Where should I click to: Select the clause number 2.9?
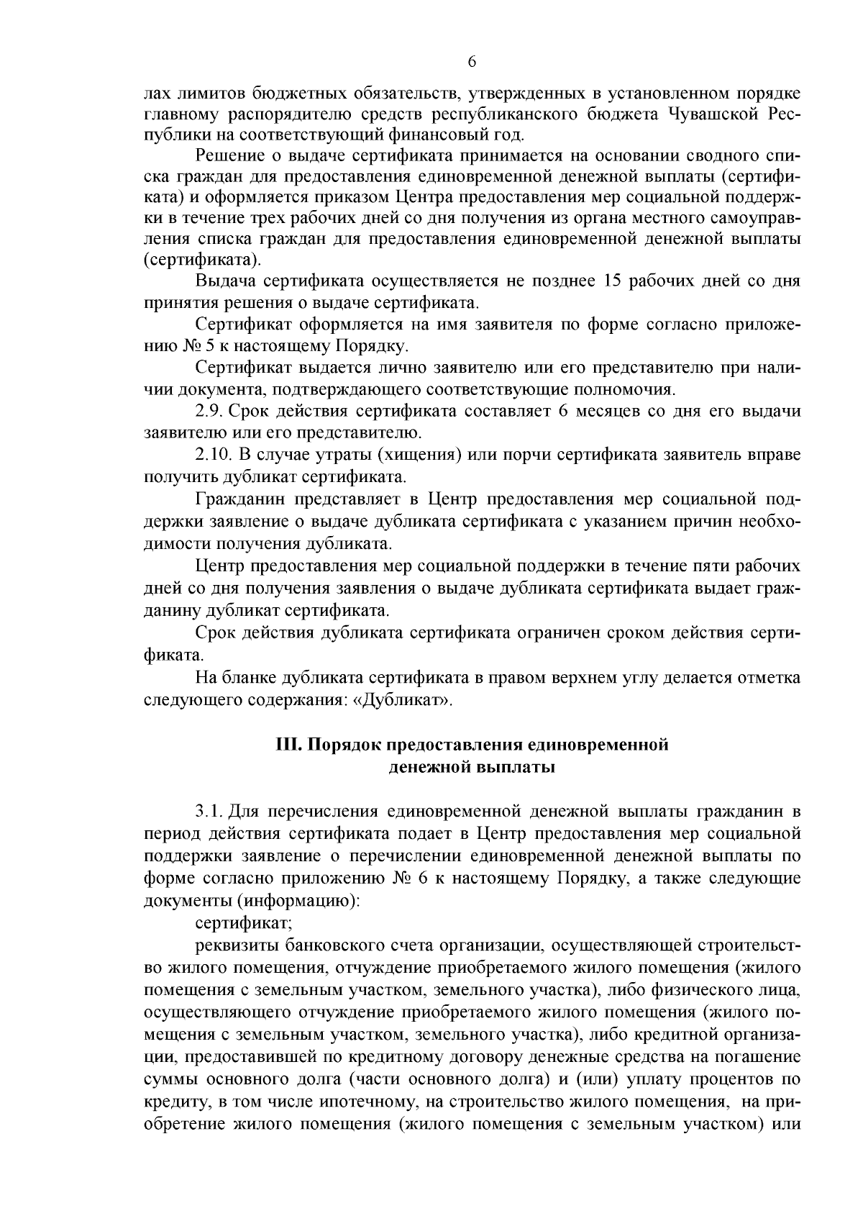211,412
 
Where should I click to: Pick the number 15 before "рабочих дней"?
608,281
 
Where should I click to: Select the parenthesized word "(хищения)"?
414,455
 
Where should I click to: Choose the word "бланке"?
256,678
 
